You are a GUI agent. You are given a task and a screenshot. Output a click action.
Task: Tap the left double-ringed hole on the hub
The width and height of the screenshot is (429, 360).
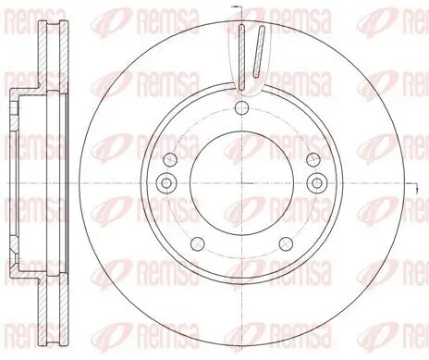coord(166,181)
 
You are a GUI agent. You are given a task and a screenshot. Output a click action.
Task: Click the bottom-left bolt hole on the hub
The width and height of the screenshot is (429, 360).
coord(197,244)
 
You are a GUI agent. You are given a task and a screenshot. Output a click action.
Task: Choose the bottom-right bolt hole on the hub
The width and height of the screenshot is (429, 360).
coord(288,244)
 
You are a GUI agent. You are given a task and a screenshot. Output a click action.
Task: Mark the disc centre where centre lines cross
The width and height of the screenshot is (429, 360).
coord(242,180)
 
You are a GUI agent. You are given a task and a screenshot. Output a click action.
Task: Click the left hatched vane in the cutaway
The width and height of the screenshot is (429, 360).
coord(240,56)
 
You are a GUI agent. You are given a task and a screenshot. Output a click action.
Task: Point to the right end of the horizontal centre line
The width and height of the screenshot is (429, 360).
coord(422,181)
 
